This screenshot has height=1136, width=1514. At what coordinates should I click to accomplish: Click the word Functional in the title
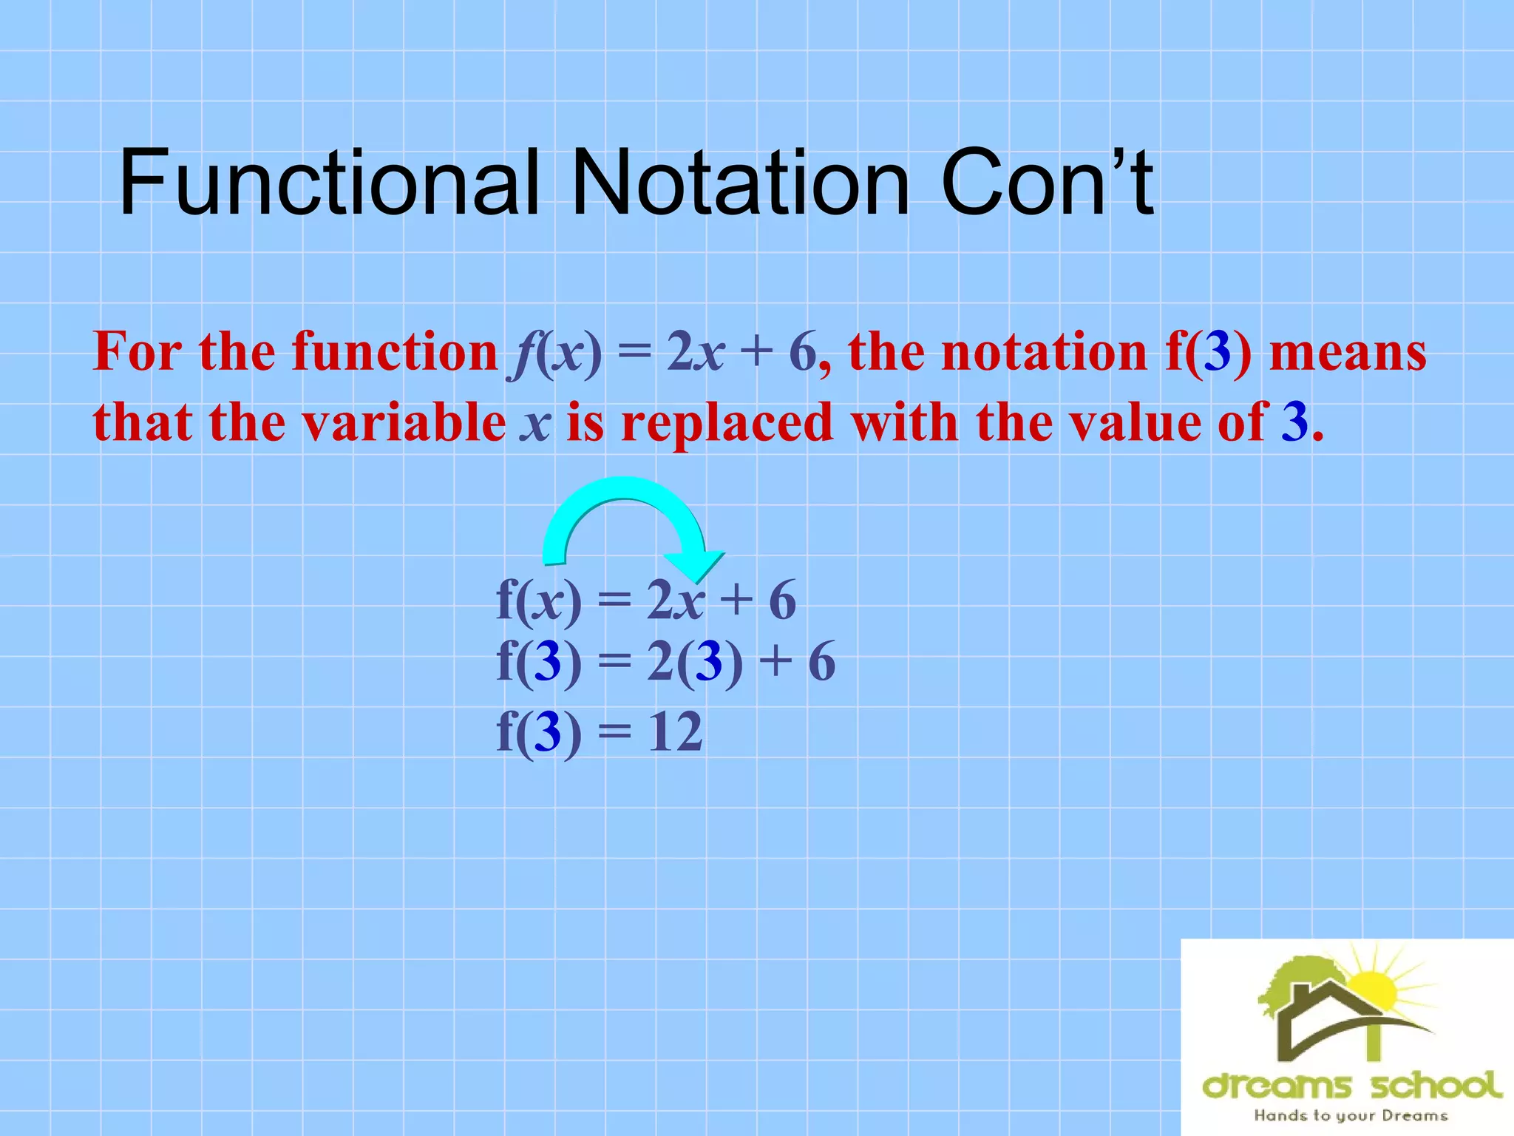(x=329, y=182)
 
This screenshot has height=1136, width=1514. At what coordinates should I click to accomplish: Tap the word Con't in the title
(x=1046, y=182)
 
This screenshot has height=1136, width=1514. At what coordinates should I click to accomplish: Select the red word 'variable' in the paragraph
(x=404, y=423)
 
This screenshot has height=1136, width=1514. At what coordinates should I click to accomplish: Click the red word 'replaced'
(x=727, y=423)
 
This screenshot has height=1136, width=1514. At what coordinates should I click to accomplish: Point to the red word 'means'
(x=1347, y=352)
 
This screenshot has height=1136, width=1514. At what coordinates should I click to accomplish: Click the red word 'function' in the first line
(x=395, y=352)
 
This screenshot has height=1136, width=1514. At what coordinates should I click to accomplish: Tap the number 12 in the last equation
(x=674, y=733)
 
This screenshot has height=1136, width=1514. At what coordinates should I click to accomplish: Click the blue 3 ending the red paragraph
(x=1294, y=423)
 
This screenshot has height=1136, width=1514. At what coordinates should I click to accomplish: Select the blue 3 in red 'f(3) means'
(x=1217, y=352)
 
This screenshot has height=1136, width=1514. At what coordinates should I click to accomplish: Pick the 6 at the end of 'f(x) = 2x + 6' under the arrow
(x=782, y=601)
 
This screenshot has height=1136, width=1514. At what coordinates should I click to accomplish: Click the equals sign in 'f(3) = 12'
(x=614, y=733)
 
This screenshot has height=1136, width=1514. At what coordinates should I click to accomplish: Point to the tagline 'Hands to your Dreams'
(x=1351, y=1115)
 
